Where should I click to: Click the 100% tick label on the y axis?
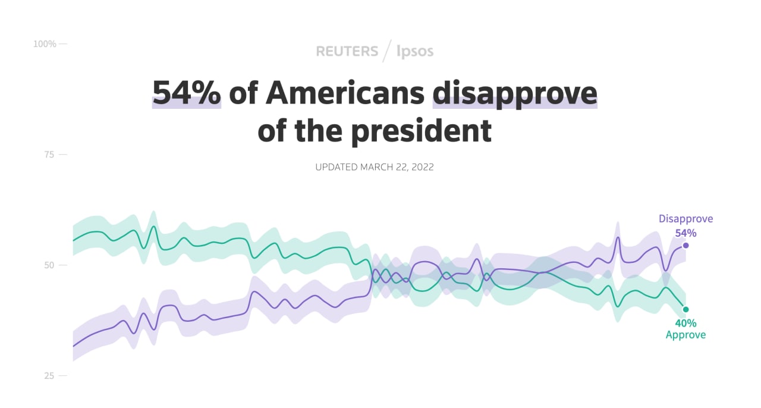click(45, 44)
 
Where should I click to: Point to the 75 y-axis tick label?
click(49, 155)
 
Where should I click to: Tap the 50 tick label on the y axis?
click(49, 265)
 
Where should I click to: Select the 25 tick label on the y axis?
click(49, 376)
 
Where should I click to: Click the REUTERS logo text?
click(347, 52)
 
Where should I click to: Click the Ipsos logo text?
click(415, 52)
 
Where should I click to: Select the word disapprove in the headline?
click(514, 93)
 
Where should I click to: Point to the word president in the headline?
click(416, 131)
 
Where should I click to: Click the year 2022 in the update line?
click(422, 167)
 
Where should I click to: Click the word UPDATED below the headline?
click(337, 167)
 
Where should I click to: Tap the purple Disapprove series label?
click(685, 219)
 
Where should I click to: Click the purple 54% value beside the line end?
click(685, 233)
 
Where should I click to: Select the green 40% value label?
click(685, 324)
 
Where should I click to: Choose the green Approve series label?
click(685, 335)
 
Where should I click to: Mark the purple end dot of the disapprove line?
click(685, 246)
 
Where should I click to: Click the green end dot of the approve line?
click(685, 309)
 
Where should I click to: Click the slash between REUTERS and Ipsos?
click(387, 51)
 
